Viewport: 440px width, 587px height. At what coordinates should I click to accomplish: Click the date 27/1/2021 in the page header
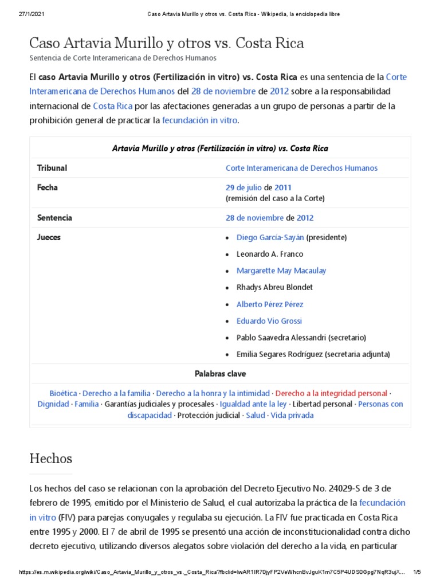tap(31, 14)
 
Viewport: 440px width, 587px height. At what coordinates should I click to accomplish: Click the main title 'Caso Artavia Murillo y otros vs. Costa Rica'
tap(166, 43)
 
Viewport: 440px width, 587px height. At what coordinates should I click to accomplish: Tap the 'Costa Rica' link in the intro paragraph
tap(113, 106)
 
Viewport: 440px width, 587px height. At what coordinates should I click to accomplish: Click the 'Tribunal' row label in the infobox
tap(52, 168)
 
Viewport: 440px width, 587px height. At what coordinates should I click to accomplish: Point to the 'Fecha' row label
tap(48, 187)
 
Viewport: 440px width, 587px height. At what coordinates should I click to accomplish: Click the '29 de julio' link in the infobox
tap(243, 187)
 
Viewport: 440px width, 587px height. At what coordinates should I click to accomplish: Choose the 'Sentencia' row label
tap(54, 218)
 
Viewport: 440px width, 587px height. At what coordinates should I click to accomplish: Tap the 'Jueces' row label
tap(49, 237)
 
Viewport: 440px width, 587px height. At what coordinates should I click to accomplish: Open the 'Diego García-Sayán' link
tap(270, 237)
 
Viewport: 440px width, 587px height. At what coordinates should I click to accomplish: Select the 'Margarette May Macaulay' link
tap(281, 271)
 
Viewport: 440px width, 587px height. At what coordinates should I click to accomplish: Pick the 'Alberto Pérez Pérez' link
tap(270, 304)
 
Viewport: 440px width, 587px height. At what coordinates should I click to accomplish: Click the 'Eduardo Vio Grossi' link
tap(269, 321)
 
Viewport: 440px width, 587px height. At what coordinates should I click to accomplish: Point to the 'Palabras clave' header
tap(220, 374)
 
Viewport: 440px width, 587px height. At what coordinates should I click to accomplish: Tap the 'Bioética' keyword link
tap(64, 393)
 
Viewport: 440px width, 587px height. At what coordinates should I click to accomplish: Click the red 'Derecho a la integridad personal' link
tap(331, 393)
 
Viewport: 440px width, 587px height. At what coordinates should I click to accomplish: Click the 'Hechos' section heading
tap(51, 459)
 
